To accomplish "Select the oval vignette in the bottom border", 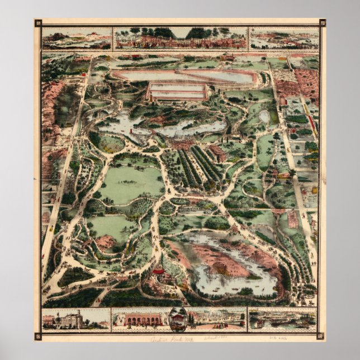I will click(177, 319).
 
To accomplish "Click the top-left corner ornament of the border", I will click(38, 23).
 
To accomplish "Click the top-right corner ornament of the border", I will click(322, 23).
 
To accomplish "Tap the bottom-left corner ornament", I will click(38, 336).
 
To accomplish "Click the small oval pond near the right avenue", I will click(264, 116).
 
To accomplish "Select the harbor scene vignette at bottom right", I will click(282, 319).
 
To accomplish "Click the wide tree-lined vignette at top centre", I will click(180, 38).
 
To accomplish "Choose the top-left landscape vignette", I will click(76, 38).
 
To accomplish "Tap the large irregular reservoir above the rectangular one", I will click(184, 75).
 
